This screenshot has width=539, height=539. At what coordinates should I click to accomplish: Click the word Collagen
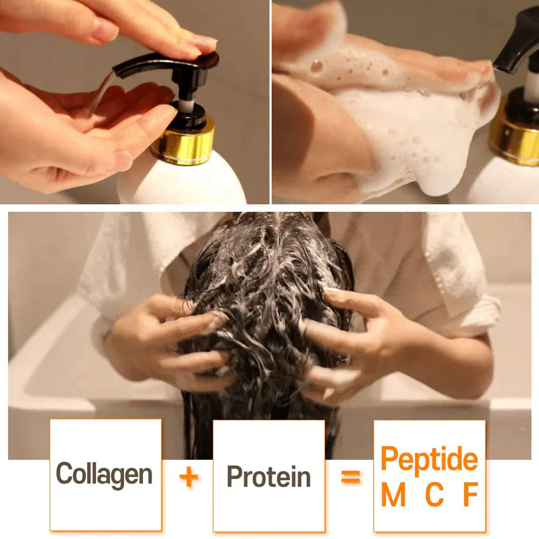pyautogui.click(x=104, y=474)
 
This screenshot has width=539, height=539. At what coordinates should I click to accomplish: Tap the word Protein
pyautogui.click(x=269, y=477)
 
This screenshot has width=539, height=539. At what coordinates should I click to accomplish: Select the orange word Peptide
pyautogui.click(x=429, y=459)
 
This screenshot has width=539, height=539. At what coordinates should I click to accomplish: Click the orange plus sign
pyautogui.click(x=189, y=478)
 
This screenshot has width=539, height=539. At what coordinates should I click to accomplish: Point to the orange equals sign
pyautogui.click(x=351, y=478)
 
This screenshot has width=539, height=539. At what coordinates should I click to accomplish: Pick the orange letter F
pyautogui.click(x=471, y=495)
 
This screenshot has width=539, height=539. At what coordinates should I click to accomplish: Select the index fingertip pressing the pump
pyautogui.click(x=205, y=45)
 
